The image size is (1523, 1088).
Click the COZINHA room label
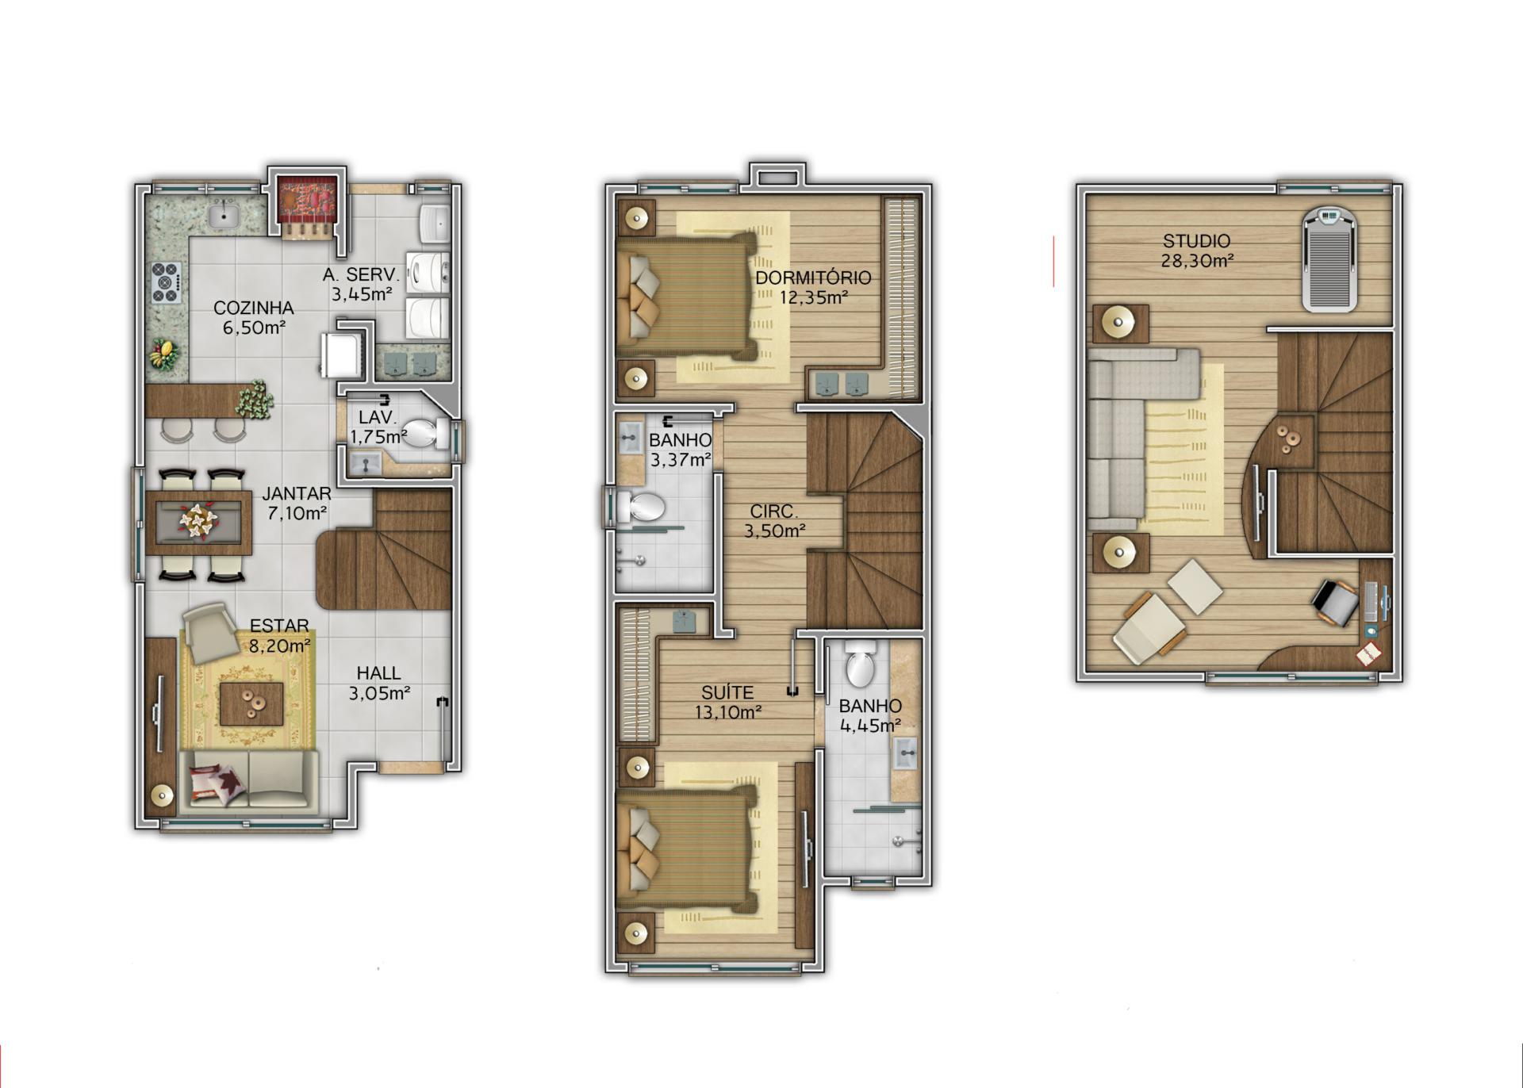click(x=254, y=308)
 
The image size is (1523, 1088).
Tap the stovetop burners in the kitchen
click(x=166, y=282)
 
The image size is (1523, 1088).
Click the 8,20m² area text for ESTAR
click(x=279, y=646)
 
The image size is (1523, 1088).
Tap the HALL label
click(x=378, y=673)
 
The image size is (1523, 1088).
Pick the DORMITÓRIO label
click(x=813, y=278)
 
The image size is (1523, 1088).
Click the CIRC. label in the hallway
click(x=774, y=511)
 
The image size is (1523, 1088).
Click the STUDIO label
click(x=1197, y=240)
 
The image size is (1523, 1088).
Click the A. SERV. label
click(x=361, y=275)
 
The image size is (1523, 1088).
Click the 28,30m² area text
click(x=1197, y=260)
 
